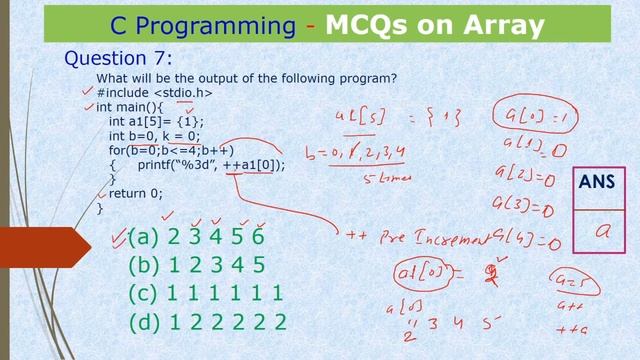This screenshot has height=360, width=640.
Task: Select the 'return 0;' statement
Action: (x=135, y=194)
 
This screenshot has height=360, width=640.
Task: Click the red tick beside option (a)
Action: (x=118, y=236)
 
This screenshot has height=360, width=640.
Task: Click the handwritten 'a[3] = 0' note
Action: (x=523, y=208)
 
